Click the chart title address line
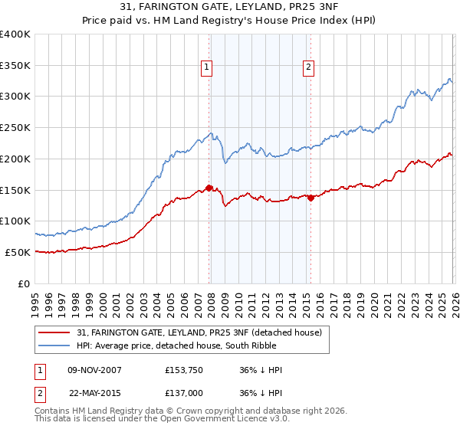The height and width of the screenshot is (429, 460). (x=230, y=7)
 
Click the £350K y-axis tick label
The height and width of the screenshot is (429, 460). (x=15, y=66)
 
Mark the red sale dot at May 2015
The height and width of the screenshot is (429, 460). (x=310, y=198)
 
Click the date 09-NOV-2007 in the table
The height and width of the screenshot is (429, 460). (x=94, y=370)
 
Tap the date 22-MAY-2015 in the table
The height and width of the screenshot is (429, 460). (x=94, y=391)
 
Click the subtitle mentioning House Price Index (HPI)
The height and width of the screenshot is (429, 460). (x=230, y=21)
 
